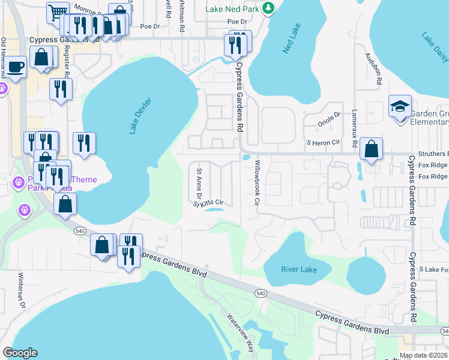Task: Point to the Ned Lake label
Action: point(293,38)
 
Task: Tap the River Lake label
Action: point(298,269)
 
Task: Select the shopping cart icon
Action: point(58,13)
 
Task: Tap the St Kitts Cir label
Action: point(208,203)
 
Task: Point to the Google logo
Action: point(20,353)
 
